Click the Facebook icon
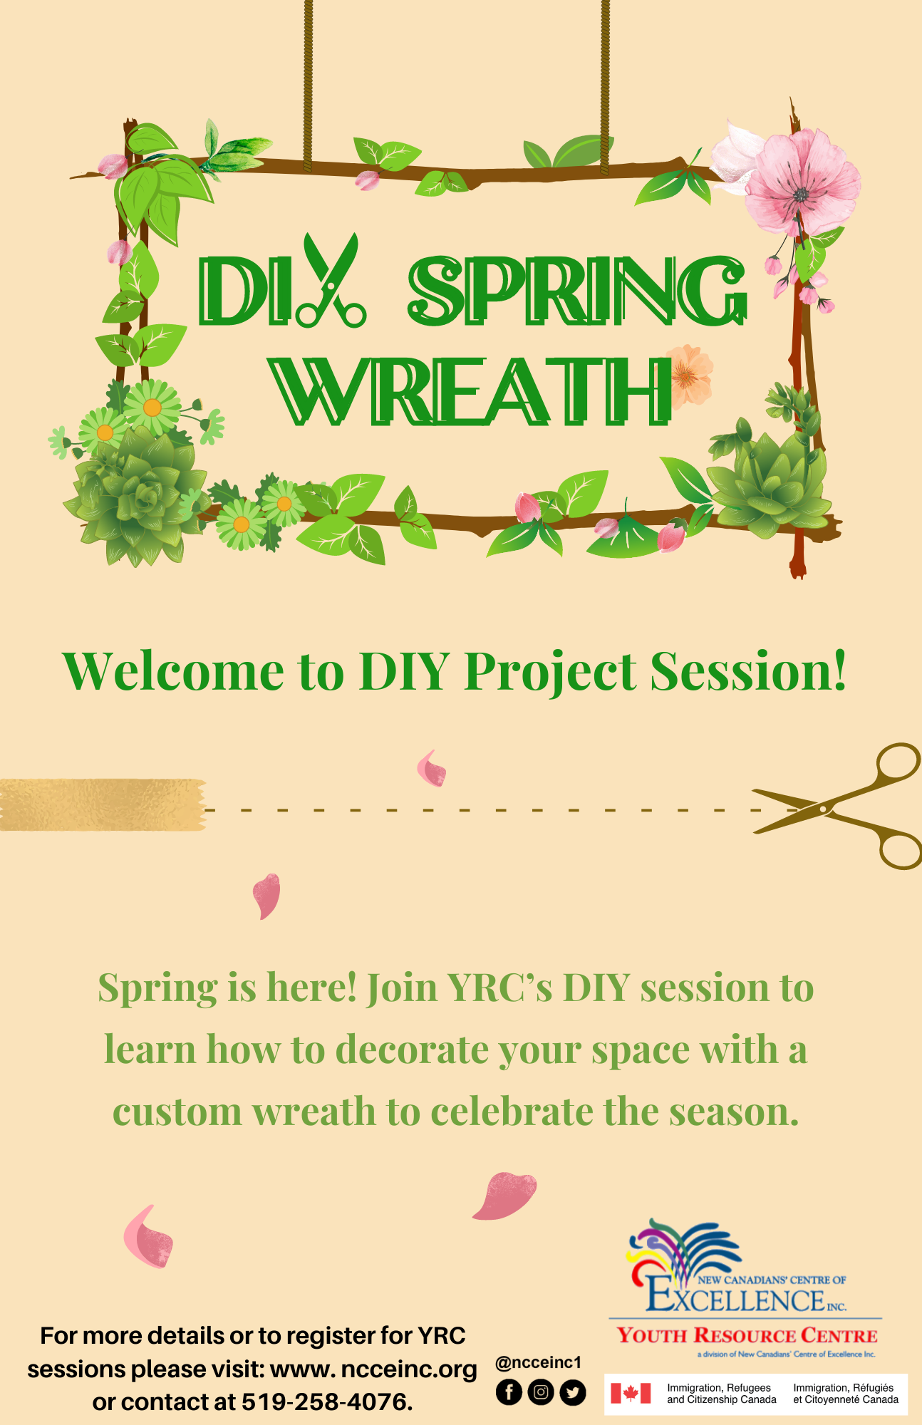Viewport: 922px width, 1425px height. click(x=509, y=1392)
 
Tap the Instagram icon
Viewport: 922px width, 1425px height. click(x=541, y=1392)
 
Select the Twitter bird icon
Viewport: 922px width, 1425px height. click(x=573, y=1392)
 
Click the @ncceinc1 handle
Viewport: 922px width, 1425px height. click(x=539, y=1362)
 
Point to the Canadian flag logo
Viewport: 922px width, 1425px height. click(x=631, y=1393)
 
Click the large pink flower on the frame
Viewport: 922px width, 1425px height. click(x=802, y=184)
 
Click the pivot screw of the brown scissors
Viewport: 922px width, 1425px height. click(x=823, y=809)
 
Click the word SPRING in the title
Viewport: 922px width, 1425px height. click(x=577, y=291)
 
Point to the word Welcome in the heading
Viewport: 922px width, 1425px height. click(x=173, y=671)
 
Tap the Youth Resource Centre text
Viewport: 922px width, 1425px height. click(x=747, y=1335)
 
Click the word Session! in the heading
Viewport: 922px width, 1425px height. click(x=748, y=671)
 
